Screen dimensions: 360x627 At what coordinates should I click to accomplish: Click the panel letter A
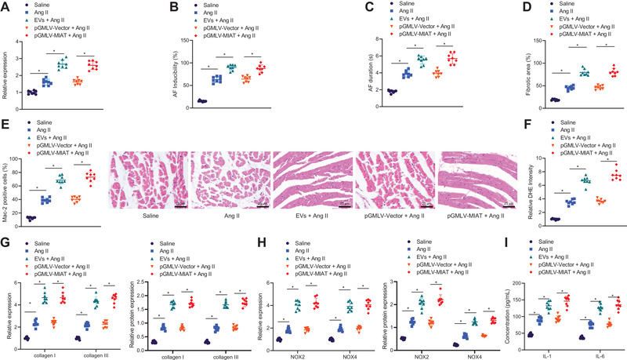coord(6,6)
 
